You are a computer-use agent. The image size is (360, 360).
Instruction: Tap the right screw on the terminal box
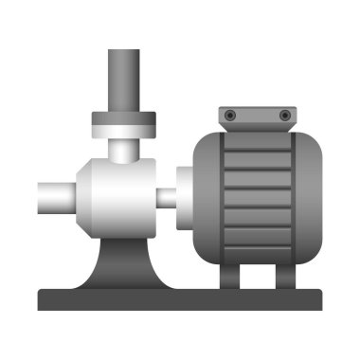284,115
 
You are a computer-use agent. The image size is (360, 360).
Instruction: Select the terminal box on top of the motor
257,117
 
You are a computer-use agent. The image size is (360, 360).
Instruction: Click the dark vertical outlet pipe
123,81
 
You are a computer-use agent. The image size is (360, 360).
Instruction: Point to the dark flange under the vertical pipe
123,118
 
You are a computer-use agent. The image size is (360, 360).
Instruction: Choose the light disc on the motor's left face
184,198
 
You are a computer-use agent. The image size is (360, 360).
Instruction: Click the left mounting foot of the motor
230,275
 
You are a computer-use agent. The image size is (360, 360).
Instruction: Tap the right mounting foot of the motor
284,275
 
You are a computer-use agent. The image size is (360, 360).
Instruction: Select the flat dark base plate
180,300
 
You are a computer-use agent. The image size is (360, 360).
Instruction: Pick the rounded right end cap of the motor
309,197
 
